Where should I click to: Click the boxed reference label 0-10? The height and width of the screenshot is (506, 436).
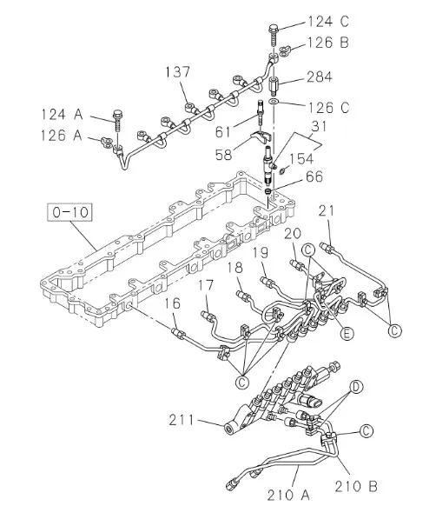(69, 212)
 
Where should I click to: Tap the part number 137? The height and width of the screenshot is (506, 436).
(178, 72)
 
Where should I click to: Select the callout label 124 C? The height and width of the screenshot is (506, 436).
(328, 21)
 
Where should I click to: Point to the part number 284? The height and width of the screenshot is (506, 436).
(319, 77)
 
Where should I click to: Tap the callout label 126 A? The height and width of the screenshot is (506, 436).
(62, 136)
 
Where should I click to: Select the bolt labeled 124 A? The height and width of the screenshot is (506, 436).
(117, 122)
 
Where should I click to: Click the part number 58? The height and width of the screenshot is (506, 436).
(224, 155)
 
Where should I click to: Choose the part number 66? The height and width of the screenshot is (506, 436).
(314, 176)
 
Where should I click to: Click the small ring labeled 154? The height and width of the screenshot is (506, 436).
(282, 170)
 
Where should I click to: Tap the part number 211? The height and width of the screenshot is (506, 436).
(182, 421)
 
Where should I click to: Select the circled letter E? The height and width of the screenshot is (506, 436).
(347, 333)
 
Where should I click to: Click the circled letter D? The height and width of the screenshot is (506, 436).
(356, 387)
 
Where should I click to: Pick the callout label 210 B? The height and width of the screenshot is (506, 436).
(356, 486)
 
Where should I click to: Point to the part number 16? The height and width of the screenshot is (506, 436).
(173, 303)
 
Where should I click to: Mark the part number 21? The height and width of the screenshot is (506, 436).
(327, 211)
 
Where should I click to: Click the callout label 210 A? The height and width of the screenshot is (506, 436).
(288, 495)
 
